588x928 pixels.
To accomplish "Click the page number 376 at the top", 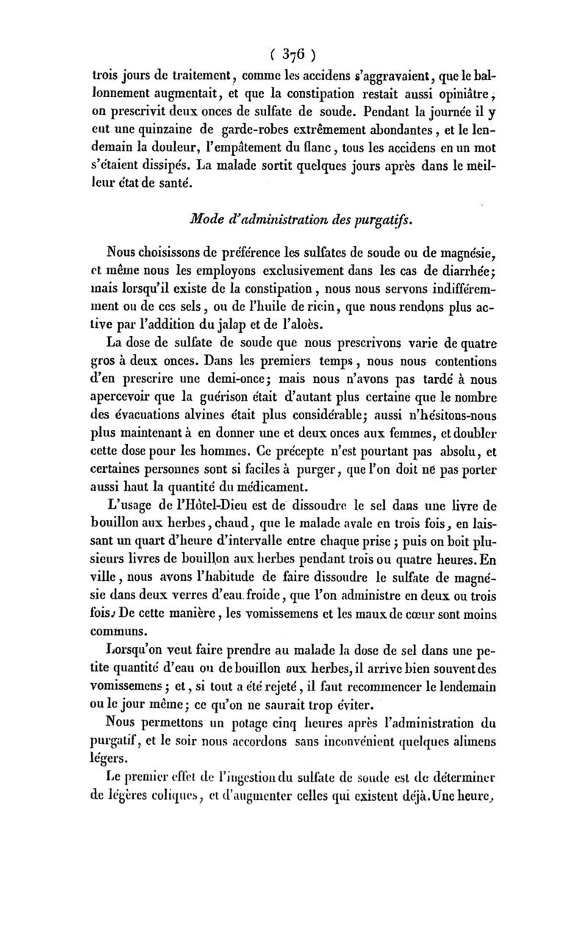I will [293, 53].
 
